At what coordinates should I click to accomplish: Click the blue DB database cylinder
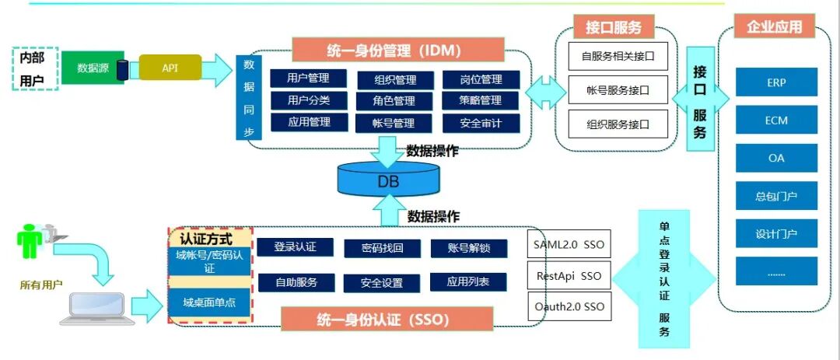click(387, 180)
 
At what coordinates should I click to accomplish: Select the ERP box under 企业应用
click(776, 82)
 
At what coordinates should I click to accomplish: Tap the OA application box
click(776, 158)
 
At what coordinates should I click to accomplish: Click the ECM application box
click(776, 121)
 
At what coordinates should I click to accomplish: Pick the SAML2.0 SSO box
click(569, 245)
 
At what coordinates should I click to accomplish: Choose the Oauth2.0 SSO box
click(569, 306)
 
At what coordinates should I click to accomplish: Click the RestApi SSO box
click(569, 275)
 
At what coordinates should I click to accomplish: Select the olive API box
click(170, 68)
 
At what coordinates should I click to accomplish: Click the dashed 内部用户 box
click(35, 68)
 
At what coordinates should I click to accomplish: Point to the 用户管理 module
click(308, 79)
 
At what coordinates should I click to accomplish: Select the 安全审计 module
click(481, 123)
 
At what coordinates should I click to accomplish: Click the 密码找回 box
click(382, 248)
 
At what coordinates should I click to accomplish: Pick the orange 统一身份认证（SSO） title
click(386, 319)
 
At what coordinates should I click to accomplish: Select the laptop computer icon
click(91, 307)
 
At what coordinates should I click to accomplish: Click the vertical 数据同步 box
click(249, 97)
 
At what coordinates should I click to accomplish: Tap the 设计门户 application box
click(776, 232)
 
